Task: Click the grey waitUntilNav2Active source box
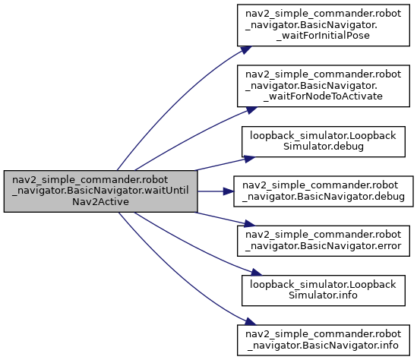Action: pyautogui.click(x=100, y=191)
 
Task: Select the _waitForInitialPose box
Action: pyautogui.click(x=324, y=25)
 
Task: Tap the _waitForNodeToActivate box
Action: pyautogui.click(x=324, y=86)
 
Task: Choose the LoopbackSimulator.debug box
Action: pyautogui.click(x=324, y=141)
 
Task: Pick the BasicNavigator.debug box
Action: pyautogui.click(x=324, y=191)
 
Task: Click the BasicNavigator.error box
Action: pyautogui.click(x=324, y=241)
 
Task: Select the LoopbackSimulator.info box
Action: pyautogui.click(x=324, y=291)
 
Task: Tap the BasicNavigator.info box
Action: pyautogui.click(x=324, y=340)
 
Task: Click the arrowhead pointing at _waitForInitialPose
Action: pyautogui.click(x=246, y=49)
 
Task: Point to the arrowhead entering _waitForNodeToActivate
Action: pyautogui.click(x=251, y=110)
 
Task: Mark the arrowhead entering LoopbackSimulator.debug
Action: pyautogui.click(x=250, y=159)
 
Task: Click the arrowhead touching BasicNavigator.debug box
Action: pyautogui.click(x=229, y=191)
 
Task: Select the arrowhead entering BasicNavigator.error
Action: pyautogui.click(x=250, y=223)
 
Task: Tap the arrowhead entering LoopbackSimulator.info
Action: pyautogui.click(x=257, y=272)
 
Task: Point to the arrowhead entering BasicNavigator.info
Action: pyautogui.click(x=251, y=322)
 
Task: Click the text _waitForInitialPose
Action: pyautogui.click(x=323, y=36)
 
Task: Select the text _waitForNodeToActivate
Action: pyautogui.click(x=323, y=96)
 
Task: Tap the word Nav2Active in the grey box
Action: pyautogui.click(x=100, y=202)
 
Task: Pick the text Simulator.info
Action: pyautogui.click(x=323, y=295)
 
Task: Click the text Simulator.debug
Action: pyautogui.click(x=324, y=147)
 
